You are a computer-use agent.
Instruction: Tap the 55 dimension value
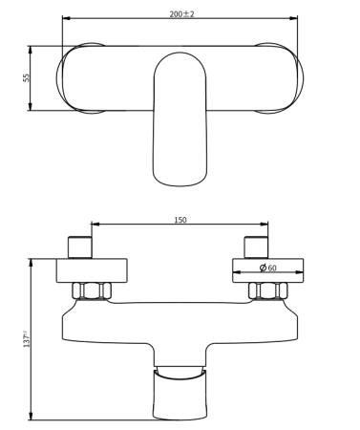tap(26, 77)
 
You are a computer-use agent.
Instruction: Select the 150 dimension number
tap(180, 220)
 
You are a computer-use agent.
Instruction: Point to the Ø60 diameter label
tap(268, 269)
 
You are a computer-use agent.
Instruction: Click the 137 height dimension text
tap(26, 339)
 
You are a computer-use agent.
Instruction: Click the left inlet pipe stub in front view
tap(80, 247)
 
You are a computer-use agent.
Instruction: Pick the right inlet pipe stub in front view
tap(257, 247)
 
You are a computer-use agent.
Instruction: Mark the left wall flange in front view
tap(92, 269)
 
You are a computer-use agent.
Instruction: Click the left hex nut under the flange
tap(93, 290)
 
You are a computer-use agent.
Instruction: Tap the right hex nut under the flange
tap(268, 290)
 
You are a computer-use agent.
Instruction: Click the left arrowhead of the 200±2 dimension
tap(65, 18)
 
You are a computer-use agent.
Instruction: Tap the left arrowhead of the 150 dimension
tap(95, 226)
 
